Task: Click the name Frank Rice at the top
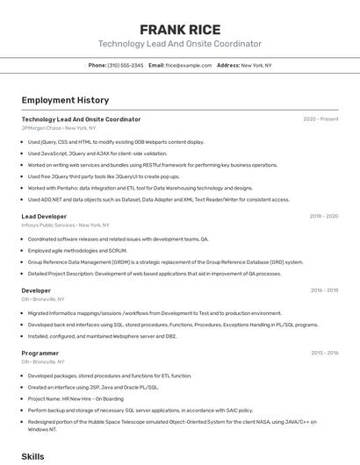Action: (180, 30)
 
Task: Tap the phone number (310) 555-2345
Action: (125, 65)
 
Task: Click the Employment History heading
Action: (65, 100)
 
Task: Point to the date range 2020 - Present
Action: (320, 119)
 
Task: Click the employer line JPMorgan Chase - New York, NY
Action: (59, 128)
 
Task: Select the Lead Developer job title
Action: (44, 216)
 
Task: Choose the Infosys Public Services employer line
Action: (65, 225)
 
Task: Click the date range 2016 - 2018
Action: (324, 290)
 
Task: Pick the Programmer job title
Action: (40, 353)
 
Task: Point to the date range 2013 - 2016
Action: (324, 353)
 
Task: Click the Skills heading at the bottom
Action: (32, 456)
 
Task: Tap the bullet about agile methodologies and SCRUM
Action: (77, 250)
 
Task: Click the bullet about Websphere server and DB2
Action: (102, 336)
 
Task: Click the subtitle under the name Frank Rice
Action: (180, 44)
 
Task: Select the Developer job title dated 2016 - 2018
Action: (36, 290)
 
